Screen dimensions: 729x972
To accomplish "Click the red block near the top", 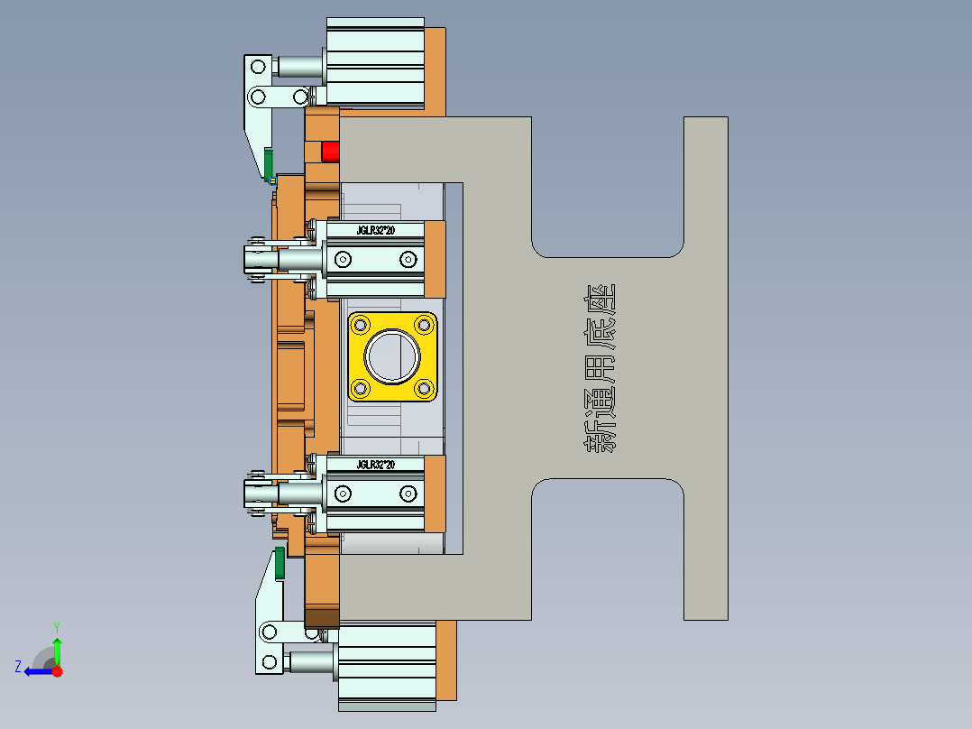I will (x=330, y=151).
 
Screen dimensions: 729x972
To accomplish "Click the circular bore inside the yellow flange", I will (x=392, y=355).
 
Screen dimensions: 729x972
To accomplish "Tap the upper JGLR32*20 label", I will (x=374, y=231).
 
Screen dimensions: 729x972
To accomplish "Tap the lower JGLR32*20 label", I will (x=375, y=465).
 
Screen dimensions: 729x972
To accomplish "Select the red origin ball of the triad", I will (x=57, y=670).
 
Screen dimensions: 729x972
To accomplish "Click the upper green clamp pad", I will (x=269, y=162).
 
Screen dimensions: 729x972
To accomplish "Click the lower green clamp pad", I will (x=280, y=562).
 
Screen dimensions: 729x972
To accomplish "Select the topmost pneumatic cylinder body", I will (x=374, y=63).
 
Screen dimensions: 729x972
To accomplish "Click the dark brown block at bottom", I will (x=321, y=618).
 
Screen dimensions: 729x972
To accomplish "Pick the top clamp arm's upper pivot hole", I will (x=258, y=65).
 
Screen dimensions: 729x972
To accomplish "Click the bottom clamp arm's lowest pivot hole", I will (x=269, y=664).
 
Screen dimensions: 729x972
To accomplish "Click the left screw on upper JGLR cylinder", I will (x=343, y=260).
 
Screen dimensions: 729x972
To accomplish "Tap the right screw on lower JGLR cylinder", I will (x=408, y=493).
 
